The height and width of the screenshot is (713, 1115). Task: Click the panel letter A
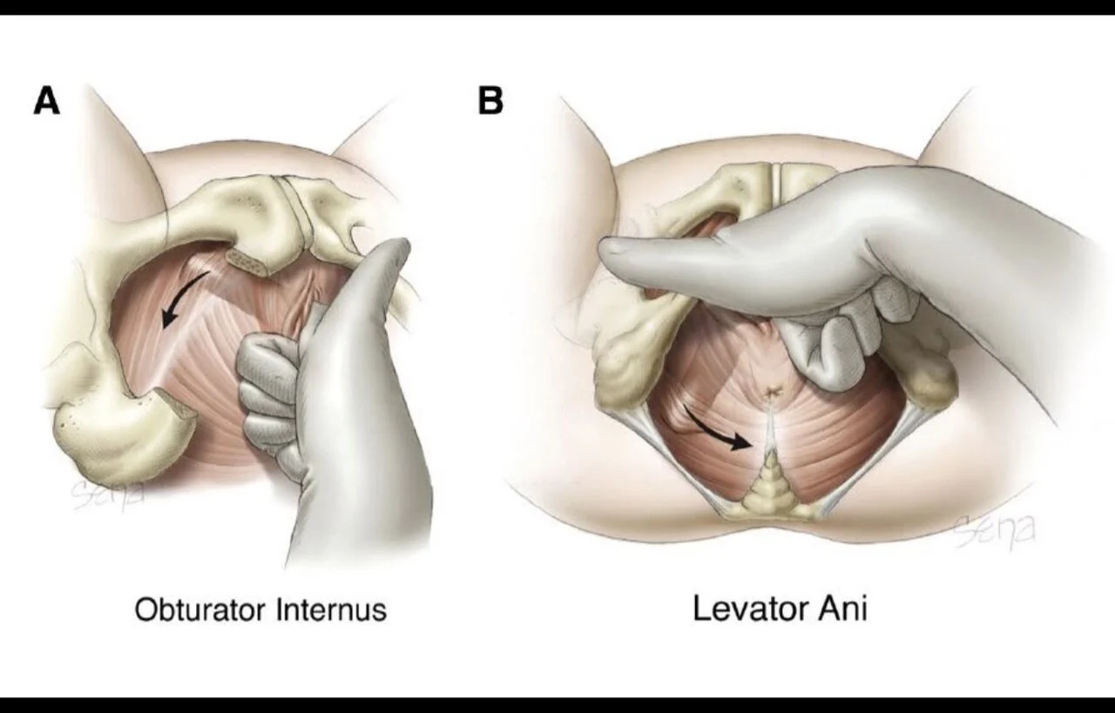(47, 101)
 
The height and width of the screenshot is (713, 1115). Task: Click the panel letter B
(490, 100)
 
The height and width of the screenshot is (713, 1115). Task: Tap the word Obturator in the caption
(201, 609)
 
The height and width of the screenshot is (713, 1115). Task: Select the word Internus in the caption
(331, 609)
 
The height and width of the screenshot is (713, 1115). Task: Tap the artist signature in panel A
(107, 494)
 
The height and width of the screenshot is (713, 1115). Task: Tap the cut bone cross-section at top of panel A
(248, 262)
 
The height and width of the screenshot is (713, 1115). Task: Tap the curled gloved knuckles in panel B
(846, 328)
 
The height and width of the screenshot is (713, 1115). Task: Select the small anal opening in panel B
(772, 393)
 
